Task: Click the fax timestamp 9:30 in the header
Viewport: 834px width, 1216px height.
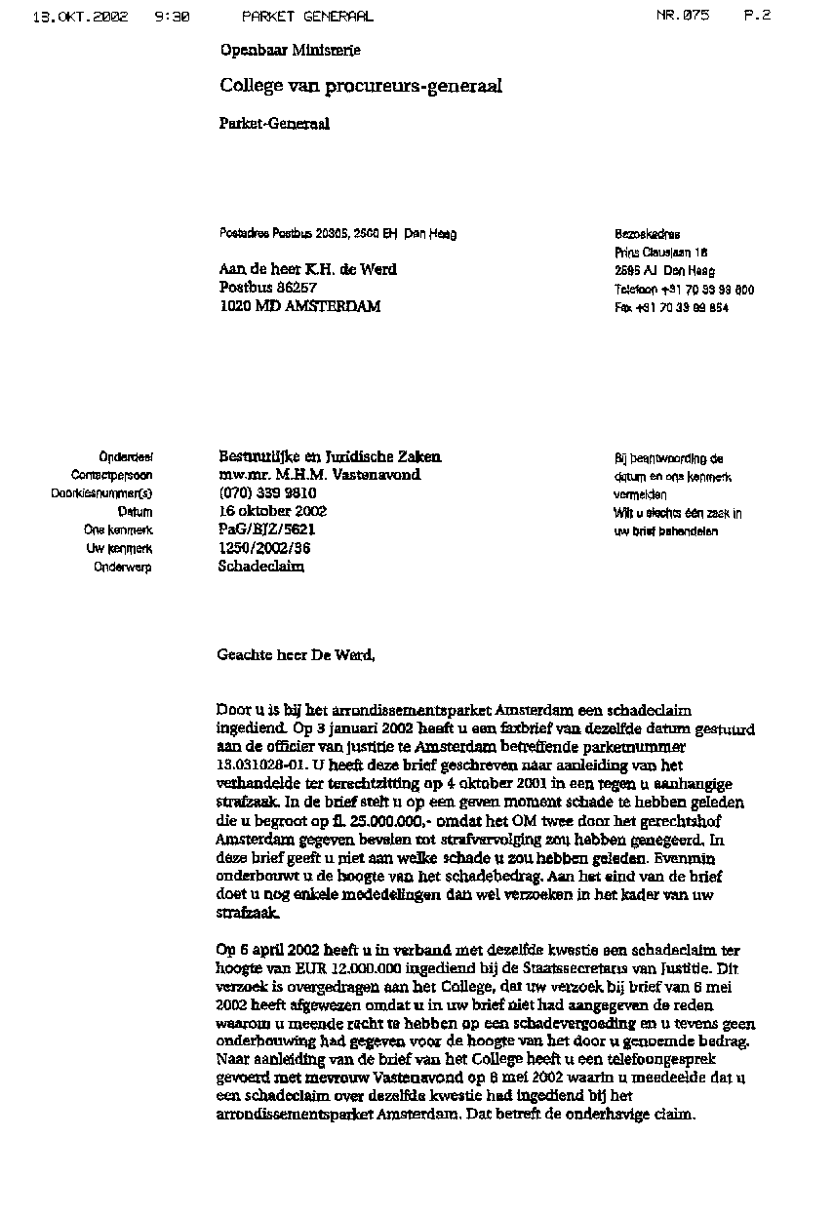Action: click(172, 16)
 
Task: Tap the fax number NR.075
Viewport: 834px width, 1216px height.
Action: click(683, 16)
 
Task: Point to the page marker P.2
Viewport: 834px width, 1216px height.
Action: click(757, 16)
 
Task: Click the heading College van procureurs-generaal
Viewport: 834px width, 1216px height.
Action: click(361, 86)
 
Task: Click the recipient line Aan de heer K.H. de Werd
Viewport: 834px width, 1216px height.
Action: click(308, 269)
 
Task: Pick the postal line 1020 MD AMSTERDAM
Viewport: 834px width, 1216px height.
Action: click(299, 306)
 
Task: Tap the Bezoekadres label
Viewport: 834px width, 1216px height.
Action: click(648, 234)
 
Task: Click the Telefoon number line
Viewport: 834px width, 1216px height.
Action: click(684, 290)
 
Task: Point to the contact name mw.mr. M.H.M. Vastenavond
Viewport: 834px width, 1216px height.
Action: click(320, 475)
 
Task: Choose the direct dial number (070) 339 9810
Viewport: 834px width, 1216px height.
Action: click(267, 493)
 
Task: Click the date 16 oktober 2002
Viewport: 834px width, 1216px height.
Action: click(272, 511)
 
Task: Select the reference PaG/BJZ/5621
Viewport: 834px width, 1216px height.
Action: click(267, 530)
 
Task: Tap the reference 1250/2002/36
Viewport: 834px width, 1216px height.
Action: click(258, 548)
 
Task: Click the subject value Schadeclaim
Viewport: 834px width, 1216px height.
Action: click(260, 567)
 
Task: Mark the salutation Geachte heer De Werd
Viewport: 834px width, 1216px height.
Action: click(296, 655)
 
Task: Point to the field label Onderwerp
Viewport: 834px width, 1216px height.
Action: click(123, 568)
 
